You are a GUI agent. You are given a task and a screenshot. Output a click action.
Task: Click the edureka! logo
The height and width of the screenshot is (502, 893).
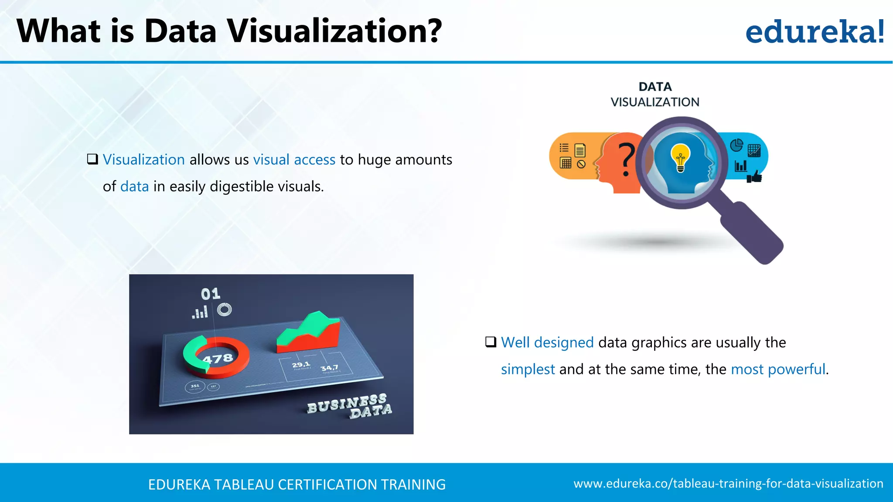815,32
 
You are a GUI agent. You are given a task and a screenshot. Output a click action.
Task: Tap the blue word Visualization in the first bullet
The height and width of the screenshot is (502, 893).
144,160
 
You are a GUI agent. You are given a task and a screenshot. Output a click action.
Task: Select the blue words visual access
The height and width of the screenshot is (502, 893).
294,160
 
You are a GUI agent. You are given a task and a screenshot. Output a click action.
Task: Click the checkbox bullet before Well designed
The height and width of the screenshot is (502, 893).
491,342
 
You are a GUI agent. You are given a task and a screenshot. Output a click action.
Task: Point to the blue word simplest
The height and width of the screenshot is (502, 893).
528,370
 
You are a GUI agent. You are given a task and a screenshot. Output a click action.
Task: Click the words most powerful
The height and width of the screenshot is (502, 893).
778,370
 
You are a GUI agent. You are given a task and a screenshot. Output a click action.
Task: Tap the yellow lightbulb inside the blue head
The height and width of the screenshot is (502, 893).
680,157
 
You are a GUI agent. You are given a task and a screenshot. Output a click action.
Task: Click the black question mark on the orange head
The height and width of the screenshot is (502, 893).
626,159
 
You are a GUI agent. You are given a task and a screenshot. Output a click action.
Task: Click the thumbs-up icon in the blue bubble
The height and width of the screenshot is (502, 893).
754,176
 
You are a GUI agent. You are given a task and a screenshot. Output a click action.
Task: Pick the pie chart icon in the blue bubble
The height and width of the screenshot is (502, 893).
736,145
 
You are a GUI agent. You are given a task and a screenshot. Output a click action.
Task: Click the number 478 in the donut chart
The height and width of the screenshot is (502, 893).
218,359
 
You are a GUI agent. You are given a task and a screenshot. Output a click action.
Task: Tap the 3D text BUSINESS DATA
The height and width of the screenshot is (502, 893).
349,406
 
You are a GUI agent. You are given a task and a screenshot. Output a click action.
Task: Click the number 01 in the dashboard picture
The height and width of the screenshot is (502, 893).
211,294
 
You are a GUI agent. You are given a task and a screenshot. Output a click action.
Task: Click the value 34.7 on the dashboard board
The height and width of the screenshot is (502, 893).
329,368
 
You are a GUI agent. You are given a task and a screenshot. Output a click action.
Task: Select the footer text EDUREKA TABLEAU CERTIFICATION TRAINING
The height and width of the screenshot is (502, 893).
297,485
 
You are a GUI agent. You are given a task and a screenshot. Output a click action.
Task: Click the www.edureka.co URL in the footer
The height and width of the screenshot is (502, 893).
728,484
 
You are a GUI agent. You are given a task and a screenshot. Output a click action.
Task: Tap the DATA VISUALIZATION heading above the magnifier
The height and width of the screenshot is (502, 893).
655,94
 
